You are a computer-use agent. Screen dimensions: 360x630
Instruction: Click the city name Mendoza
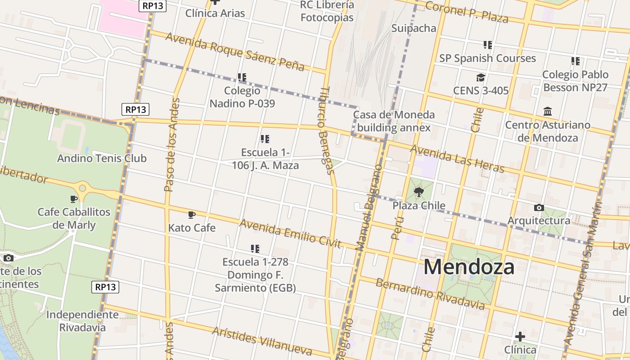tap(468, 267)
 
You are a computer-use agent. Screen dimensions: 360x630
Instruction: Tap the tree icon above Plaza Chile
tap(419, 193)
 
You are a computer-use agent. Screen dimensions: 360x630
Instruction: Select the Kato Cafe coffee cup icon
tap(192, 215)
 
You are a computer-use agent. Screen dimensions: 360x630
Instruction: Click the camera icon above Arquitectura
tap(539, 207)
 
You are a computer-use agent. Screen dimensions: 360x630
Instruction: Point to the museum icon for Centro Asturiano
tap(548, 111)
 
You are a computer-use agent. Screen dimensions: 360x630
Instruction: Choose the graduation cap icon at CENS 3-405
tap(481, 77)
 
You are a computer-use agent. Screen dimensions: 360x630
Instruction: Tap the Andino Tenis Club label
tap(102, 158)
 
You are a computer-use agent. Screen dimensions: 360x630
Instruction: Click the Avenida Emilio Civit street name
tap(290, 234)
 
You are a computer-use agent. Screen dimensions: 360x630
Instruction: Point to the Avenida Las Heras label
tap(457, 159)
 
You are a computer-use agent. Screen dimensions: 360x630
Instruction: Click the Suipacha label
tap(414, 28)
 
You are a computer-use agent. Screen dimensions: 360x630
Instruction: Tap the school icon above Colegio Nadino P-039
tap(242, 77)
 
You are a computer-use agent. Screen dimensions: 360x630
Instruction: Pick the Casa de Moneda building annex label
tap(394, 121)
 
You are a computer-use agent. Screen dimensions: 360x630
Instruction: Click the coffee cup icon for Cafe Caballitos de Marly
tap(74, 198)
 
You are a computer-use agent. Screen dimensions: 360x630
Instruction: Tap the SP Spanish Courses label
tap(487, 58)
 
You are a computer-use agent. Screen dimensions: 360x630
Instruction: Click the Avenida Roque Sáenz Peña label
tap(234, 51)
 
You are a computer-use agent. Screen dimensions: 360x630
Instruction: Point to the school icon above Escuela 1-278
tap(255, 248)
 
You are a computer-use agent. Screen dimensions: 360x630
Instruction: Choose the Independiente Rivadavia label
tap(82, 321)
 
